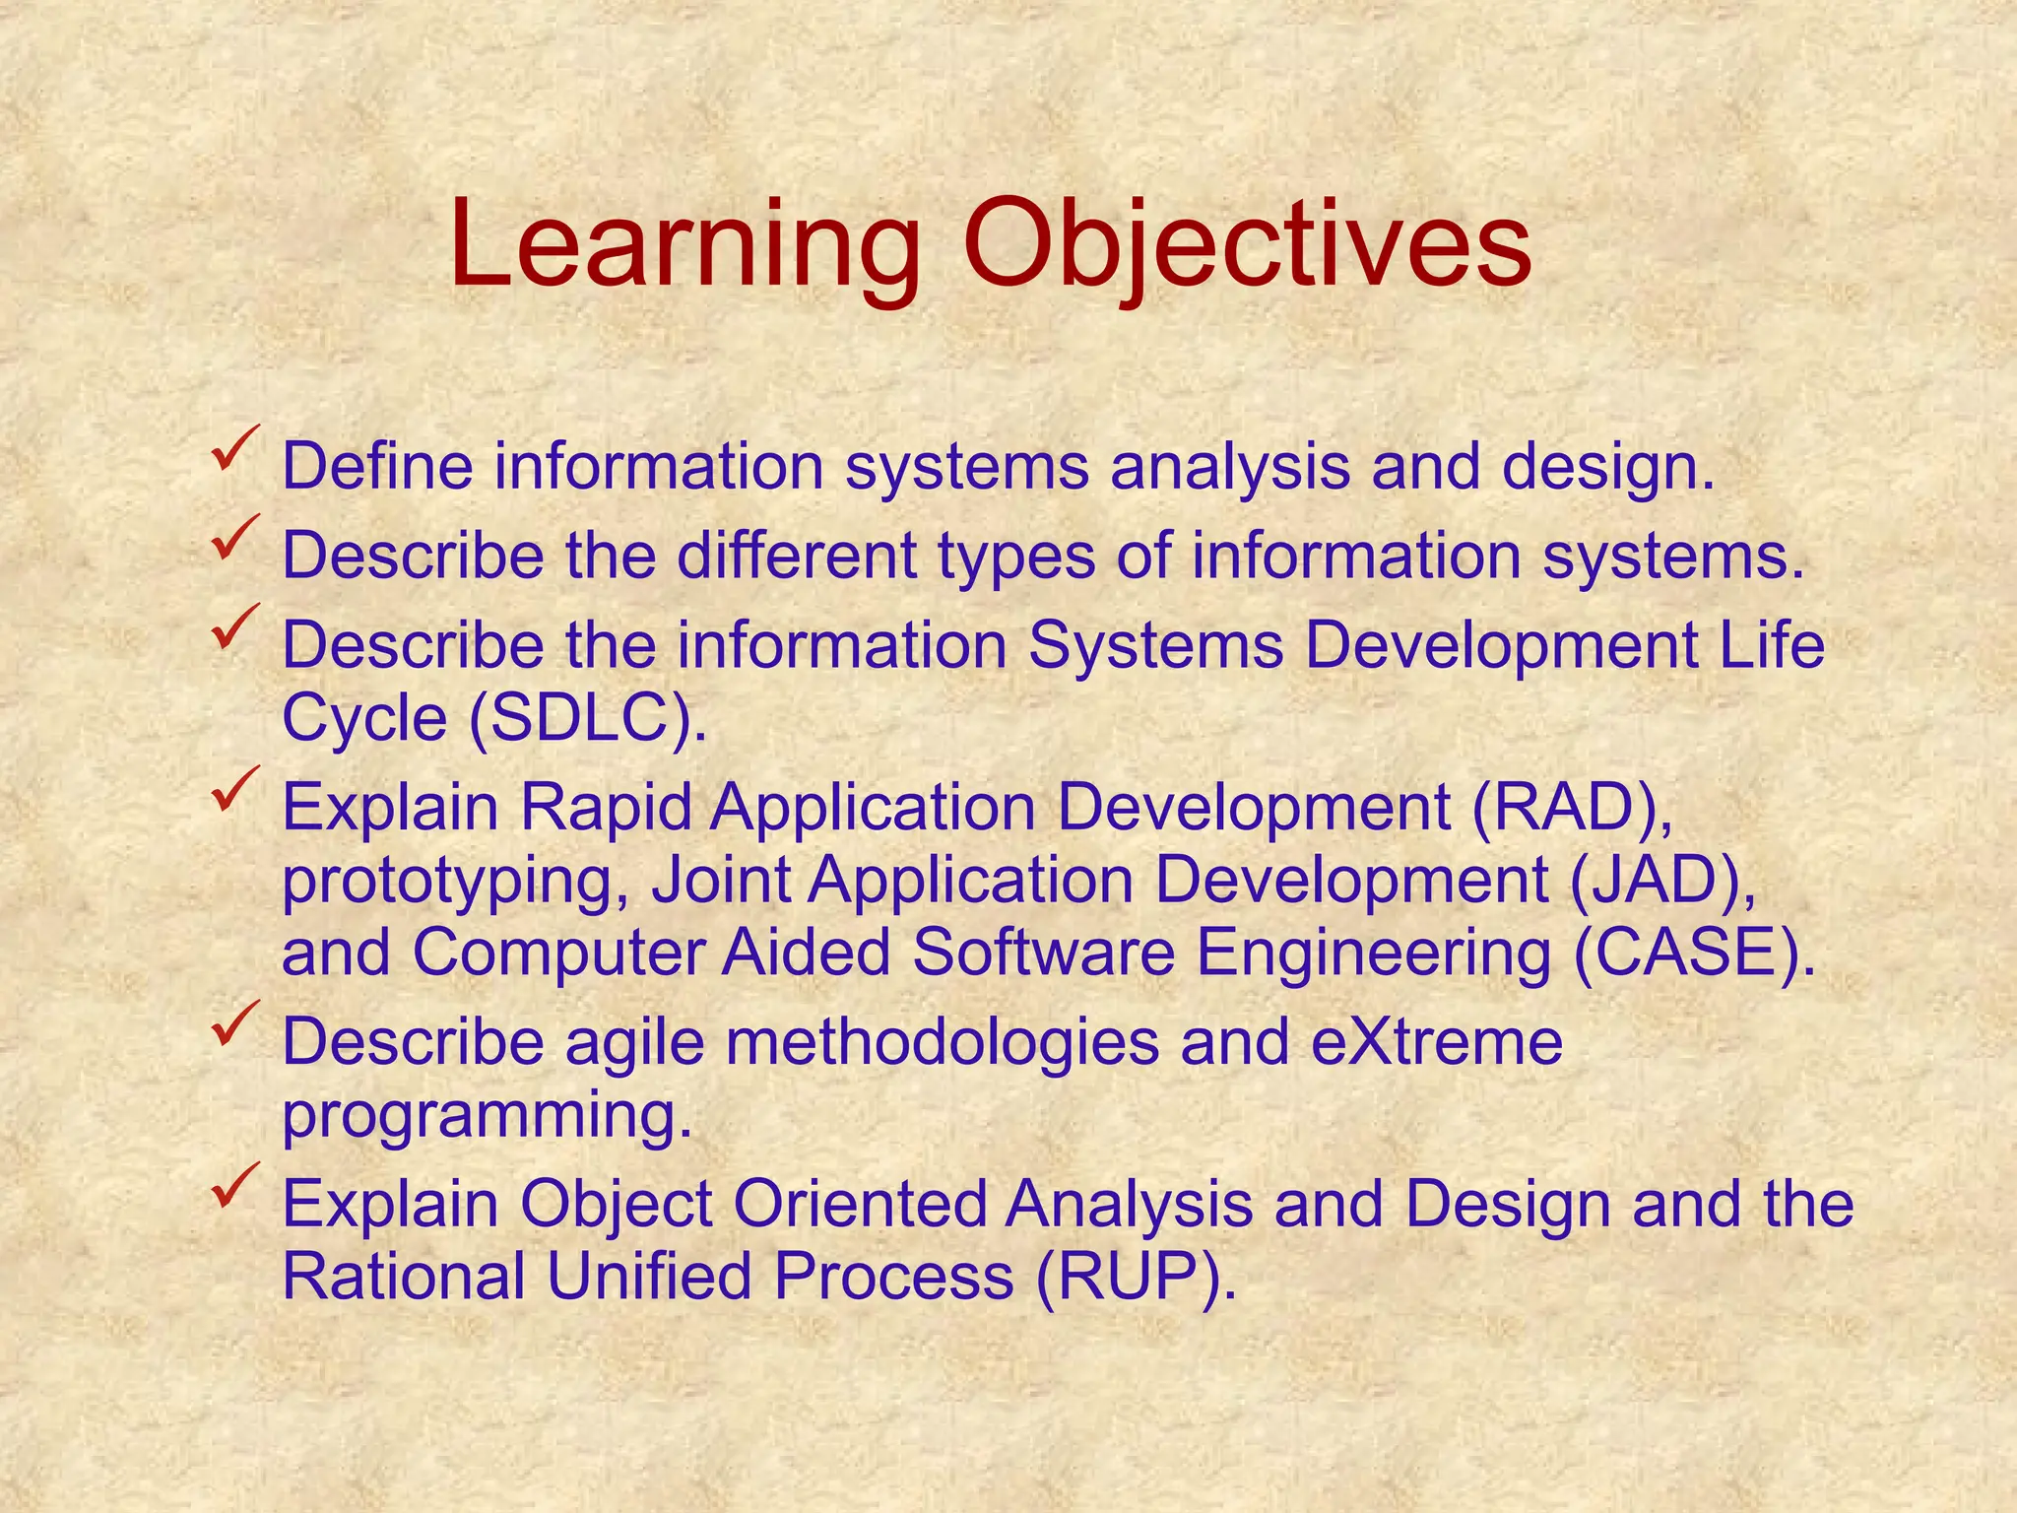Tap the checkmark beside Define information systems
235,447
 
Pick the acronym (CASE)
1694,953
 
